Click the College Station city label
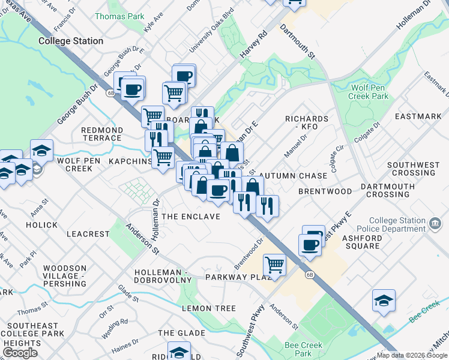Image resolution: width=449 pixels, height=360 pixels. pyautogui.click(x=71, y=41)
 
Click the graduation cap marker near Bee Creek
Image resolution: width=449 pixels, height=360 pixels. pyautogui.click(x=384, y=300)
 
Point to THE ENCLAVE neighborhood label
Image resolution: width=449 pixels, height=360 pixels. pyautogui.click(x=191, y=216)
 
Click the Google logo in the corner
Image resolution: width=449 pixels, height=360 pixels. pyautogui.click(x=20, y=352)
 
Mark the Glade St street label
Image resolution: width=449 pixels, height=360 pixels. pyautogui.click(x=128, y=293)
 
